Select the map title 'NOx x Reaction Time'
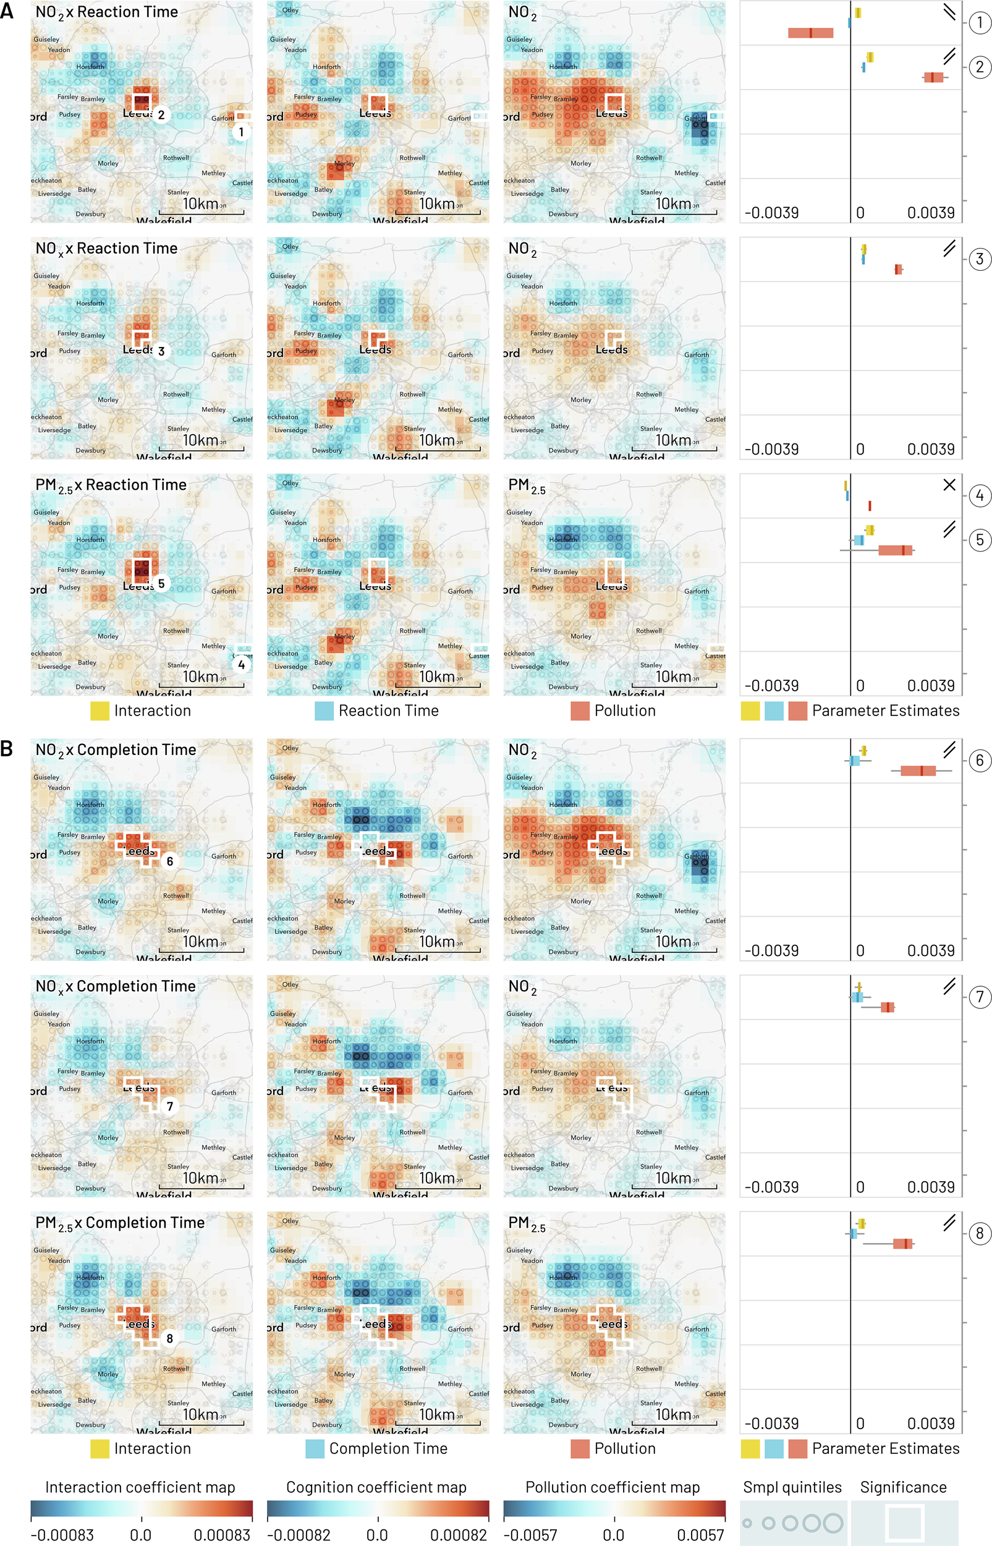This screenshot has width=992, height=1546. pos(106,249)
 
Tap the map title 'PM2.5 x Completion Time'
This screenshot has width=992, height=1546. pos(120,1223)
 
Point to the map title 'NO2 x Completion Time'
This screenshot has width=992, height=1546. pos(116,750)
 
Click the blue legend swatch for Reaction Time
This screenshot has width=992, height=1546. pos(324,711)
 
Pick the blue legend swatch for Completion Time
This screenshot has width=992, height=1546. pos(315,1449)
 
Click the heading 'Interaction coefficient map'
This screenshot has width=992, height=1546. pos(140,1487)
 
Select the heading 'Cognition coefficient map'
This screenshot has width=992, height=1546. pos(376,1487)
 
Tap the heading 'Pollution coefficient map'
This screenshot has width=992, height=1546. pos(613,1487)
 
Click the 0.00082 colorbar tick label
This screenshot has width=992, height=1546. pos(459,1534)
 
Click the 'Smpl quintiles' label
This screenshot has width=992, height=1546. pos(792,1487)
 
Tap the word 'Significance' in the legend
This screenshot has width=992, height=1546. pos(903,1487)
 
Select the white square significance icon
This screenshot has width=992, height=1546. pos(905,1523)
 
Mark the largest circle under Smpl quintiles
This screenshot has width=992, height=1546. pos(833,1523)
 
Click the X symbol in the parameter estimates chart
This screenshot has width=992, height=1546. pos(949,485)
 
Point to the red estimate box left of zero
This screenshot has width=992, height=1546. pos(810,33)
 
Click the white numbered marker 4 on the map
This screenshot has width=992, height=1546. pos(242,664)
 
